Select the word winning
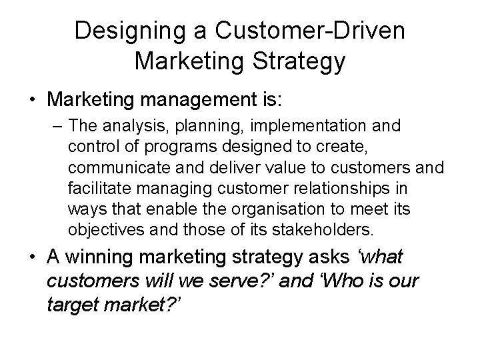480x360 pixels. coord(107,257)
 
